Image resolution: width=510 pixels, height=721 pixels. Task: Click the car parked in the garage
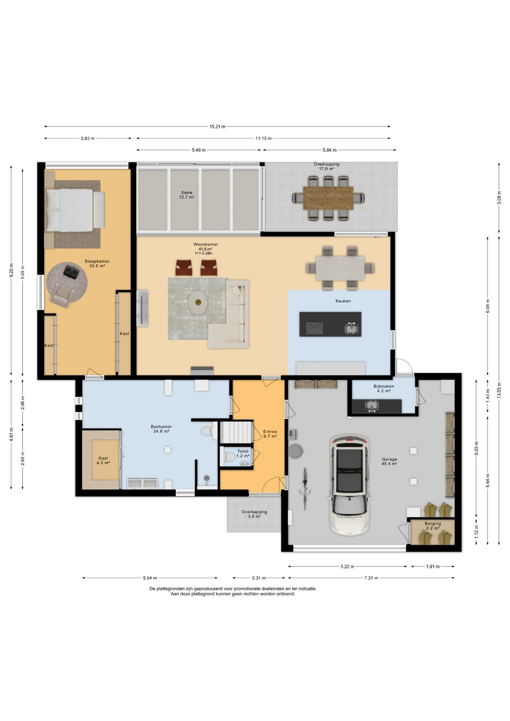tap(350, 484)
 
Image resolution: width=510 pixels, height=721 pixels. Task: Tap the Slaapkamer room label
tap(97, 261)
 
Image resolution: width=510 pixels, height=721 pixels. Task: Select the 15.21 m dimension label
tap(217, 127)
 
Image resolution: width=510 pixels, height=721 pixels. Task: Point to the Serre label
tap(187, 193)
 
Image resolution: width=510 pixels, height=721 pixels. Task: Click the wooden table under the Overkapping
tap(328, 198)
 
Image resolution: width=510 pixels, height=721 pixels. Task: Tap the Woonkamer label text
tap(206, 244)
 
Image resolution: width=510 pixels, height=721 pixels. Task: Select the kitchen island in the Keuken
tap(330, 324)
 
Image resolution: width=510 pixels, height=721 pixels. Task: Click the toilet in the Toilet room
tap(229, 457)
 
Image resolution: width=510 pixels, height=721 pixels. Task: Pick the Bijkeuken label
tap(384, 386)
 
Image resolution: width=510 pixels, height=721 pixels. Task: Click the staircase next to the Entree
tap(235, 432)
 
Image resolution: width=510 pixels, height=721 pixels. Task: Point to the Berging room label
tap(433, 523)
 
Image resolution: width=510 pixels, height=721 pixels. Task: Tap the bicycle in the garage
tap(305, 488)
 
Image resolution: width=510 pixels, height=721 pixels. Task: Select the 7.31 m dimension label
tap(371, 578)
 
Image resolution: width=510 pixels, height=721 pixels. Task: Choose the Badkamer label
tap(161, 427)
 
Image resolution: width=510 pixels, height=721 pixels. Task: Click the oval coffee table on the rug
tap(198, 301)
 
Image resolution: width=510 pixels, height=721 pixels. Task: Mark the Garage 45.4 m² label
tap(389, 462)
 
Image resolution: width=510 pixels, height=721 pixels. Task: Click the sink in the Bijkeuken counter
tap(372, 406)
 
